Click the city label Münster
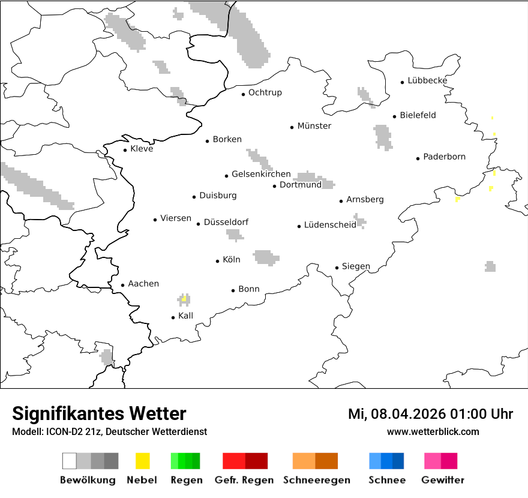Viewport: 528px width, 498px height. (x=314, y=126)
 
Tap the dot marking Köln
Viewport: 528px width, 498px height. (x=218, y=261)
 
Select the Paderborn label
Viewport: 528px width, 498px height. (x=444, y=157)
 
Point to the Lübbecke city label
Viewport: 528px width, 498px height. (x=427, y=81)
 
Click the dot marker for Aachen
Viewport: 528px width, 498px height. (x=123, y=285)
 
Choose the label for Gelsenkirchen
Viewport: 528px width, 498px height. (x=261, y=175)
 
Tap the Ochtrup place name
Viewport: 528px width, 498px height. (x=265, y=93)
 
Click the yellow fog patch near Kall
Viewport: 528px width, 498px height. (x=184, y=298)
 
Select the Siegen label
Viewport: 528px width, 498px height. (x=356, y=266)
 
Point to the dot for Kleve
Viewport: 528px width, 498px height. (x=125, y=150)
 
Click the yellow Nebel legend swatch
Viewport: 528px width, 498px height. (x=143, y=461)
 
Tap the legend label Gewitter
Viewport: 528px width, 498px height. (x=442, y=480)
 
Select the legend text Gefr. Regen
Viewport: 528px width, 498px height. (x=244, y=480)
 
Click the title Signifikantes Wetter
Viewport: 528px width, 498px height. (x=99, y=414)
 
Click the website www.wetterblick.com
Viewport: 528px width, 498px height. (x=433, y=432)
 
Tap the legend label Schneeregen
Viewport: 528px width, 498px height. (x=317, y=480)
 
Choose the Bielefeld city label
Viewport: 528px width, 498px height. (x=418, y=115)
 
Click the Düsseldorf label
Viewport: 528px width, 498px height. (x=226, y=223)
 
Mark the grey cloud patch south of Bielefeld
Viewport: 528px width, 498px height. (x=383, y=137)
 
